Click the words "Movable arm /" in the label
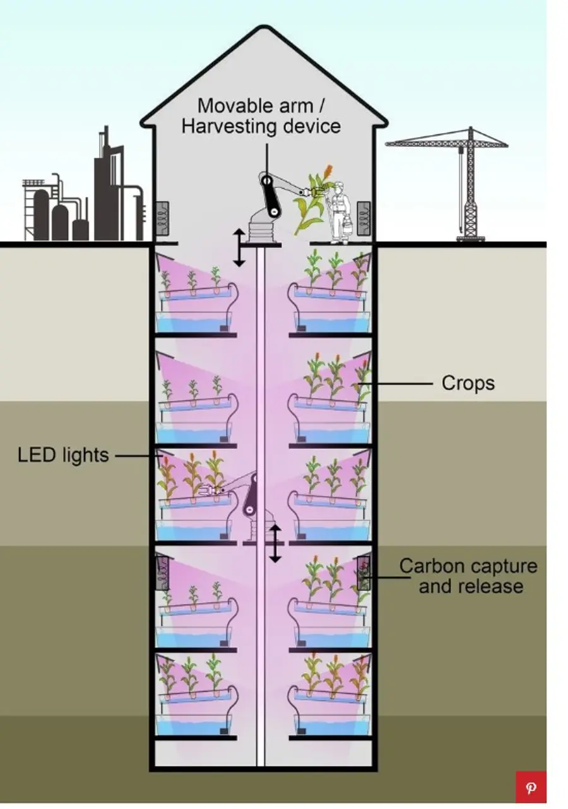261,105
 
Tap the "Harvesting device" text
261,126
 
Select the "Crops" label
468,383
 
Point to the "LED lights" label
63,455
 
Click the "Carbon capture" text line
468,565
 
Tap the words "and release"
471,586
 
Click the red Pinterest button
531,787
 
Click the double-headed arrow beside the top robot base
239,247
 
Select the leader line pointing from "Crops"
398,382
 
